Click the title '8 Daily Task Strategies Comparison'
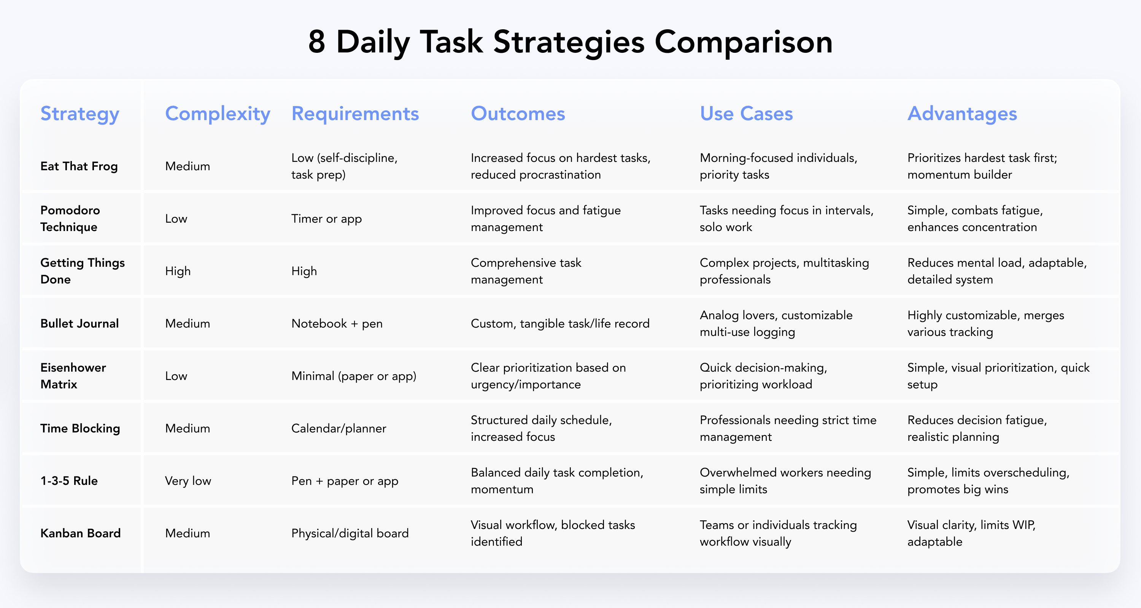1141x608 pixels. pyautogui.click(x=570, y=43)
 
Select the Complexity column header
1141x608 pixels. pyautogui.click(x=218, y=114)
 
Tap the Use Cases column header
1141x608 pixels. pyautogui.click(x=746, y=114)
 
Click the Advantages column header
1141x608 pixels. pyautogui.click(x=962, y=114)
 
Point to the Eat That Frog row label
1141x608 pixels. pyautogui.click(x=79, y=166)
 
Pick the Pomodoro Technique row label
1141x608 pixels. pyautogui.click(x=70, y=218)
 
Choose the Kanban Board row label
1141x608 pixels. pyautogui.click(x=80, y=533)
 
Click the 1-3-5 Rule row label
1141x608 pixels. pyautogui.click(x=69, y=481)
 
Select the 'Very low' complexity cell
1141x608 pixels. pyautogui.click(x=188, y=481)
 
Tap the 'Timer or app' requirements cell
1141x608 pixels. pyautogui.click(x=326, y=219)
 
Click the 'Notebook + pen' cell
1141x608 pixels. pyautogui.click(x=337, y=324)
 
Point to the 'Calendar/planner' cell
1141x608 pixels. pyautogui.click(x=338, y=429)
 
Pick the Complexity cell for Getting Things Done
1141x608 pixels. pyautogui.click(x=178, y=271)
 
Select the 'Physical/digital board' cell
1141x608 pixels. pyautogui.click(x=350, y=534)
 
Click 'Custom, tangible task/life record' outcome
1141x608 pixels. pyautogui.click(x=560, y=324)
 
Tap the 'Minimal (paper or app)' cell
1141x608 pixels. pyautogui.click(x=353, y=377)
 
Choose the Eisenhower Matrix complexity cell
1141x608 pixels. pyautogui.click(x=176, y=376)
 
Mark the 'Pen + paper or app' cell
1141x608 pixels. pyautogui.click(x=345, y=481)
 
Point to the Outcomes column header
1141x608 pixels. pyautogui.click(x=518, y=114)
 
